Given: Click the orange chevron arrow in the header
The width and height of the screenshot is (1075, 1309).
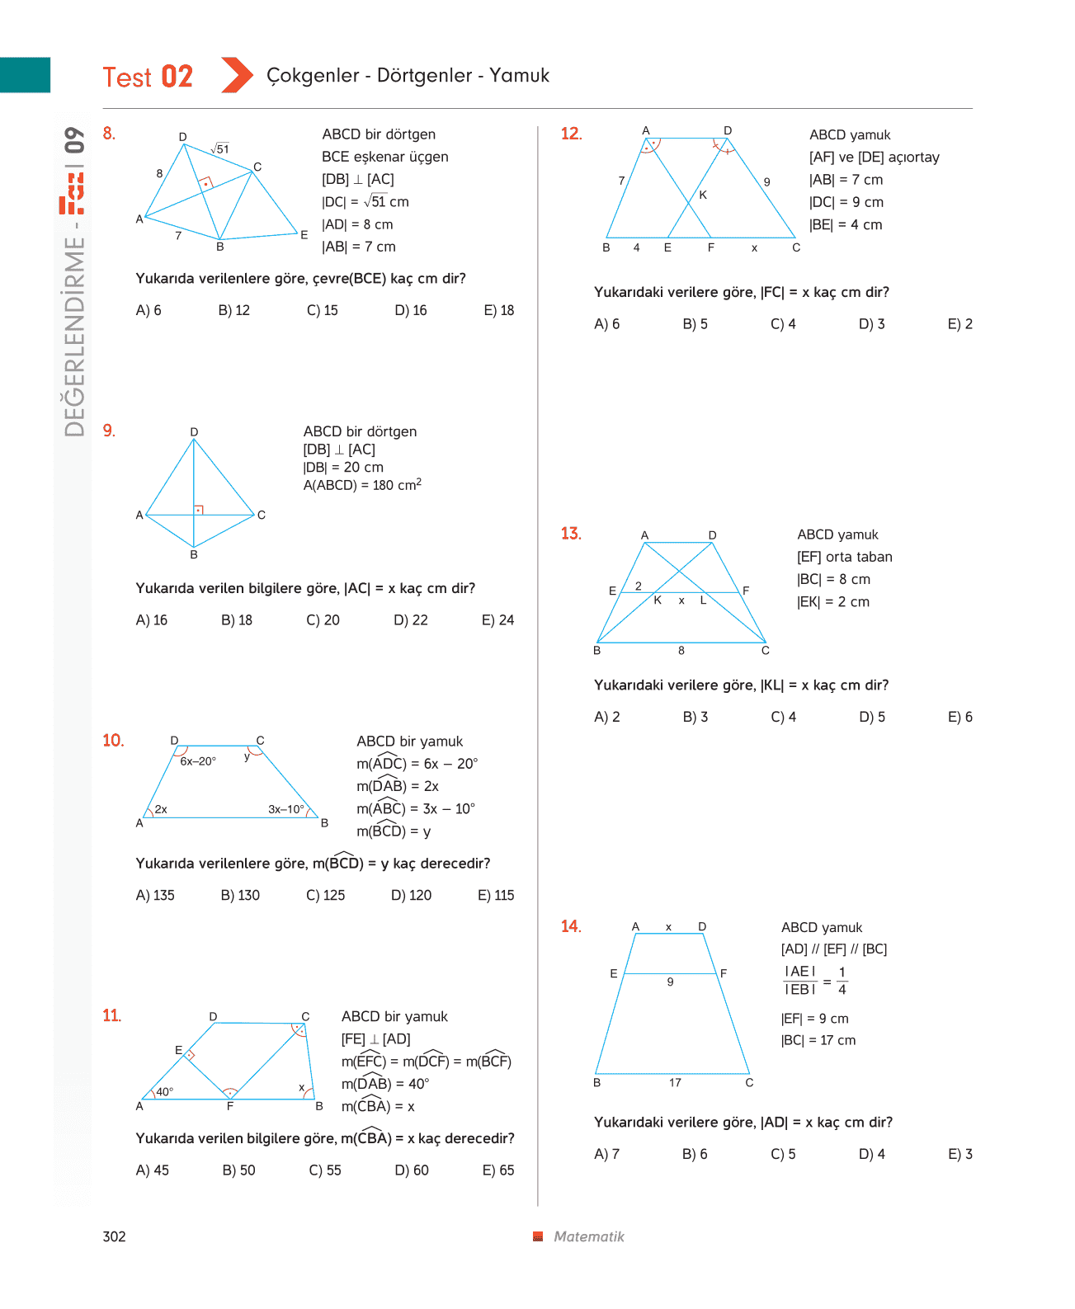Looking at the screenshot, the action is tap(237, 74).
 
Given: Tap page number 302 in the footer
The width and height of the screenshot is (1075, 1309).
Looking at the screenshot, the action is tap(114, 1236).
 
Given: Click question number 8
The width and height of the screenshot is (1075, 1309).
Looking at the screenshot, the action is tap(109, 133).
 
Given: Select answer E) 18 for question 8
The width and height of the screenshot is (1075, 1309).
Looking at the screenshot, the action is tap(498, 309).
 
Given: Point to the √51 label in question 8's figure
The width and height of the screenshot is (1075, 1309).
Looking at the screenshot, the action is tap(219, 148).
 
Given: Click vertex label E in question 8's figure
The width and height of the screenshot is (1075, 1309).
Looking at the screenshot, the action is tap(304, 234).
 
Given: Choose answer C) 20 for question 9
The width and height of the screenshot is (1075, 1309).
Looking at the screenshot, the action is tap(323, 619).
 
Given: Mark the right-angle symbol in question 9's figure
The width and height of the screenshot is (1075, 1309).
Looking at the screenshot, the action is tap(199, 510).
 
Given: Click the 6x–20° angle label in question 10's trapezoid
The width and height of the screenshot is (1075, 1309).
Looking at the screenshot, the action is tap(198, 761).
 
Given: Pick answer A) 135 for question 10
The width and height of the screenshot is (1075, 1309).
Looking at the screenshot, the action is tap(155, 894).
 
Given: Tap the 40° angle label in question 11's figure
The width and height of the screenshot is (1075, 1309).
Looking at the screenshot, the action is tap(164, 1091).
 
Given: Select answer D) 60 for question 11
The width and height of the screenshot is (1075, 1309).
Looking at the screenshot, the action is tap(412, 1170).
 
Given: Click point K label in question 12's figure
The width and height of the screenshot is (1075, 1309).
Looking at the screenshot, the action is tap(703, 195).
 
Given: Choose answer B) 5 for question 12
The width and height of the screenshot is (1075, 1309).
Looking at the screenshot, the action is tap(695, 323).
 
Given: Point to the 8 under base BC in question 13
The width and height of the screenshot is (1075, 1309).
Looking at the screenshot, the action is tap(681, 650).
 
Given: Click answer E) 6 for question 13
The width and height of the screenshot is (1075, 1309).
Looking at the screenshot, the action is tap(959, 716).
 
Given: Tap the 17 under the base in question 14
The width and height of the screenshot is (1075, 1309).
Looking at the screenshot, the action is tap(675, 1082).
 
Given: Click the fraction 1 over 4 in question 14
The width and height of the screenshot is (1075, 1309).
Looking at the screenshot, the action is tap(842, 980).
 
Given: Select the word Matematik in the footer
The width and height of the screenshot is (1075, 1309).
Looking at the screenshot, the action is tap(588, 1236).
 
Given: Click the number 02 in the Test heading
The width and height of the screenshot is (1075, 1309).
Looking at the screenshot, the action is tap(177, 77).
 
